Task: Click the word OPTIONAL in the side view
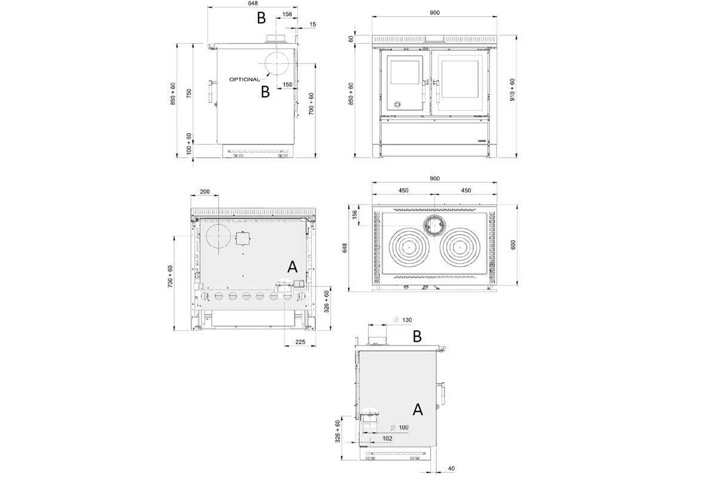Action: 245,79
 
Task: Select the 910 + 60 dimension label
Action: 512,90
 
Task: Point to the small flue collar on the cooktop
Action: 434,225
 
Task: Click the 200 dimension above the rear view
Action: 204,192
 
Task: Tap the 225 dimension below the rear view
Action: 301,342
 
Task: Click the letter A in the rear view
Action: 292,266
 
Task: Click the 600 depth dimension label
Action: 512,245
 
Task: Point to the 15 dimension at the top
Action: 313,24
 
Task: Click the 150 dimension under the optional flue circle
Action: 287,84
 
